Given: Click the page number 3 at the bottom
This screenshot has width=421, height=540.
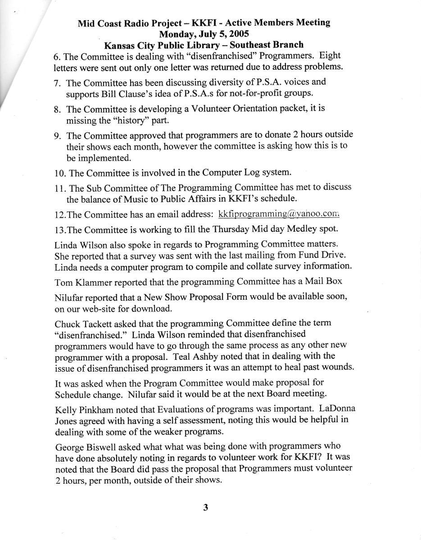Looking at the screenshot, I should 205,508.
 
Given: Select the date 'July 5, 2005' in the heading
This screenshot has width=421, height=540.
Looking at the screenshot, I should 222,33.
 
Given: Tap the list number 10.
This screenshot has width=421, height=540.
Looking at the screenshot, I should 60,173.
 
